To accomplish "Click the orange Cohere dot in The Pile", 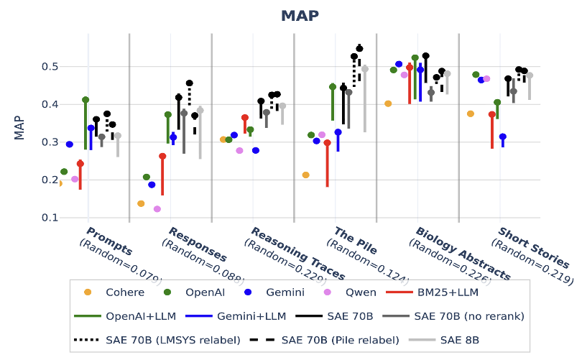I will [305, 175].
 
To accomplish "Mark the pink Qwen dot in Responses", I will [157, 209].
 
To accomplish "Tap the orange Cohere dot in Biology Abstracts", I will [388, 103].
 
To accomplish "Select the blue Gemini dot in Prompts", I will [70, 144].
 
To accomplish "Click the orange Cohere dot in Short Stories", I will [471, 114].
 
